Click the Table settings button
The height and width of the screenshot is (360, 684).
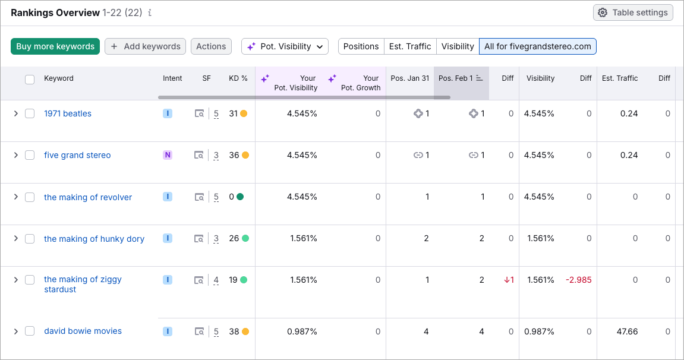point(633,12)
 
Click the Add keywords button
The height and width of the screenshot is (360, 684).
point(145,46)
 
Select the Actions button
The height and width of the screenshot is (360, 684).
point(211,46)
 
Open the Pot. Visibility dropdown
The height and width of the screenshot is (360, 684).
point(285,46)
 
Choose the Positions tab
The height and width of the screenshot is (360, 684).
point(361,46)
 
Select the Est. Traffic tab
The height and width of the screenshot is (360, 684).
point(410,46)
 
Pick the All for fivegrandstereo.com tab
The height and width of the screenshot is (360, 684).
point(537,46)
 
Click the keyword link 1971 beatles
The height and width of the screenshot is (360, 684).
point(68,113)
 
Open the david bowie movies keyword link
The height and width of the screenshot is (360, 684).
point(83,331)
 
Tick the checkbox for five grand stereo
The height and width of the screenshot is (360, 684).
point(30,155)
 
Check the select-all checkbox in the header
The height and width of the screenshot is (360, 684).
point(30,79)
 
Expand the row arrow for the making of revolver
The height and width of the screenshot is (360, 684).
point(16,197)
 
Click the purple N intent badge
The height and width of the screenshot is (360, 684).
point(168,155)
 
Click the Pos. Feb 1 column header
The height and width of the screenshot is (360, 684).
point(456,78)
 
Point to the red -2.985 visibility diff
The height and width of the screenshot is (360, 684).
point(578,280)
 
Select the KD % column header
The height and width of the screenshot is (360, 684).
point(238,78)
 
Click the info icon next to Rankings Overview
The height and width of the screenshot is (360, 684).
point(150,12)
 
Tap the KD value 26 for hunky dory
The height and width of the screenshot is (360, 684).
point(234,238)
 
